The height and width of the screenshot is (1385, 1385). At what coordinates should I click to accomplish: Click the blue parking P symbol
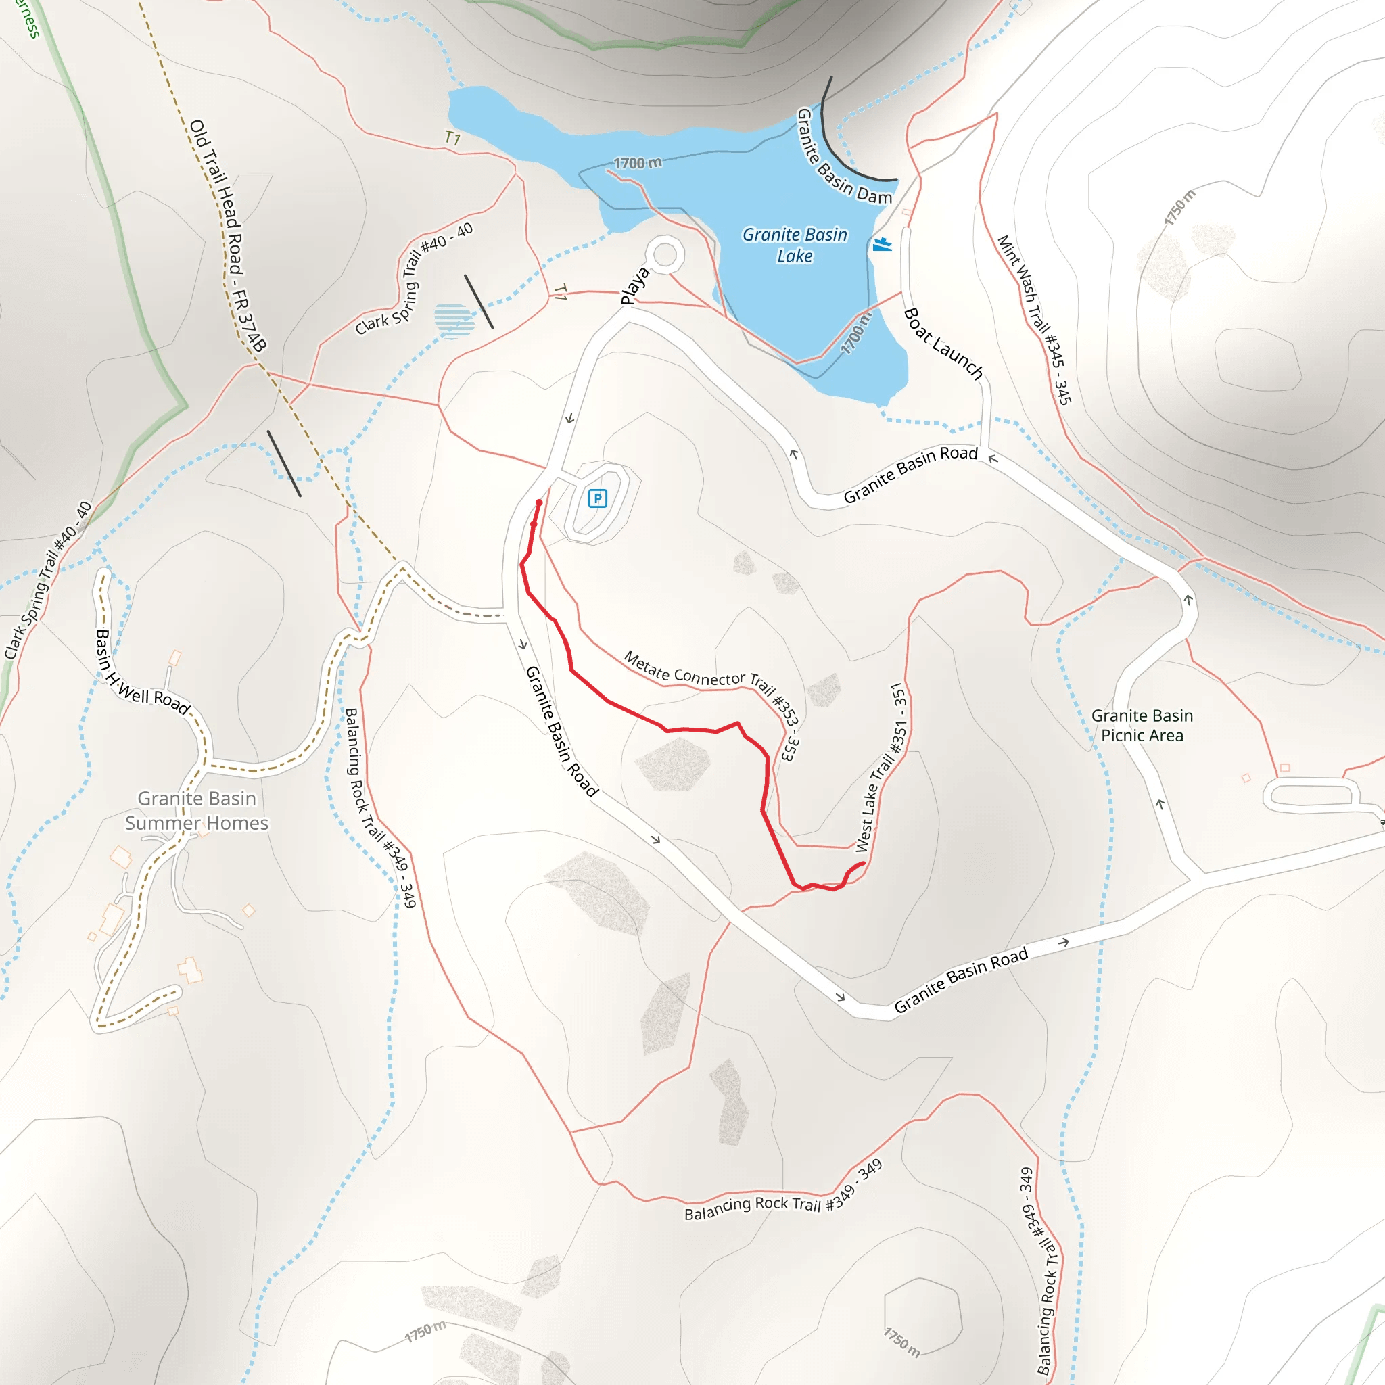tap(597, 498)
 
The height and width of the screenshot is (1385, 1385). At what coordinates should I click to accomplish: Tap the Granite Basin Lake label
tap(795, 245)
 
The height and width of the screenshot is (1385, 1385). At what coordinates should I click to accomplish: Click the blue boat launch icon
tap(882, 244)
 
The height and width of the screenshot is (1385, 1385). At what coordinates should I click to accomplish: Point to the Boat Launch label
tap(942, 343)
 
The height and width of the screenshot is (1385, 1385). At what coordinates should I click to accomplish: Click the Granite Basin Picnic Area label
tap(1142, 725)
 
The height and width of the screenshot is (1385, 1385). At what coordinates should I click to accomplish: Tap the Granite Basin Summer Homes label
tap(196, 811)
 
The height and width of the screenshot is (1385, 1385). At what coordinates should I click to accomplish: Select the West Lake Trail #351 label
tap(881, 768)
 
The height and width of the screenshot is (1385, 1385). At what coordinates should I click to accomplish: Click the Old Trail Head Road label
tap(227, 236)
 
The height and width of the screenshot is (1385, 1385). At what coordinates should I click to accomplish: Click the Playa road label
tap(634, 285)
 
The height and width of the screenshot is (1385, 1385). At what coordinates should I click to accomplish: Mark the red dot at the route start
tap(539, 503)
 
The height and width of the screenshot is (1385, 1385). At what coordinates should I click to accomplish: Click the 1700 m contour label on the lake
tap(637, 163)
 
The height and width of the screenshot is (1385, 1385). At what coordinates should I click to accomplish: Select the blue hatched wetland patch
tap(454, 320)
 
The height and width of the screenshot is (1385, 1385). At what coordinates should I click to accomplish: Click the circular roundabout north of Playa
tap(665, 254)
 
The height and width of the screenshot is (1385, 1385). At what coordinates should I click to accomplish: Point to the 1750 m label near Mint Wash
tap(1179, 208)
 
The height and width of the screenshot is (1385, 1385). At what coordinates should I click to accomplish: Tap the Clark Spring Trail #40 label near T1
tap(415, 279)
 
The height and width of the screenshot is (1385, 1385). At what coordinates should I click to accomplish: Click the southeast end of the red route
tap(863, 864)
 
